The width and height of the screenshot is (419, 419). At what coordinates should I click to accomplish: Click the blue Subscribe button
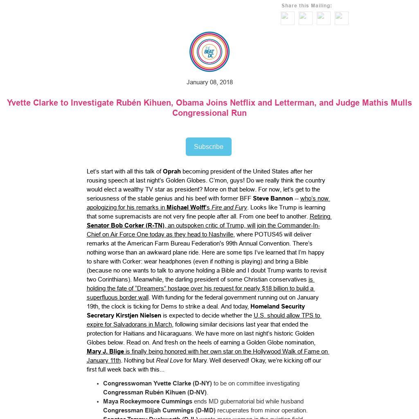click(209, 146)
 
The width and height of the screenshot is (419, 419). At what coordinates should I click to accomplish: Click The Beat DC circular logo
click(209, 52)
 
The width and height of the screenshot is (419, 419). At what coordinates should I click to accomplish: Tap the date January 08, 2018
click(209, 82)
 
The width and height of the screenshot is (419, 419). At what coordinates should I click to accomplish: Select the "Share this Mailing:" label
click(306, 6)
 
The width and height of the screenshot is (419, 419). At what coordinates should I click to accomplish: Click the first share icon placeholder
click(288, 18)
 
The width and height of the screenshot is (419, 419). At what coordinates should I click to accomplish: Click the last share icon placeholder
click(342, 18)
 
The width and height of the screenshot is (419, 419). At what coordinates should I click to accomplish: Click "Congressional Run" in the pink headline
click(209, 113)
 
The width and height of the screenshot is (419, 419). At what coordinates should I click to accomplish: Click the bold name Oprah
click(172, 171)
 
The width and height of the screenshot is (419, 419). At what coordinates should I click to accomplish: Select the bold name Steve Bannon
click(273, 198)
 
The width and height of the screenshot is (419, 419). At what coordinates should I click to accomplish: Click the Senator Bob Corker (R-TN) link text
click(126, 225)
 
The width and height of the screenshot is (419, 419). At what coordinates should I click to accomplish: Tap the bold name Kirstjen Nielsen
click(138, 315)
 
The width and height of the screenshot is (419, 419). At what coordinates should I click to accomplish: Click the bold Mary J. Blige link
click(105, 351)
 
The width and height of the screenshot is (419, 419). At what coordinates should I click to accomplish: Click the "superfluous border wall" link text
click(117, 297)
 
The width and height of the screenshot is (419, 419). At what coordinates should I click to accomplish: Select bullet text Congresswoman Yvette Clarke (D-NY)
click(157, 383)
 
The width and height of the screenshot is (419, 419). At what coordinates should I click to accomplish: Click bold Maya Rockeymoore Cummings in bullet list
click(147, 401)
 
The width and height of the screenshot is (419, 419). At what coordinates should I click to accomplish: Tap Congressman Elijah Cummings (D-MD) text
click(159, 410)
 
